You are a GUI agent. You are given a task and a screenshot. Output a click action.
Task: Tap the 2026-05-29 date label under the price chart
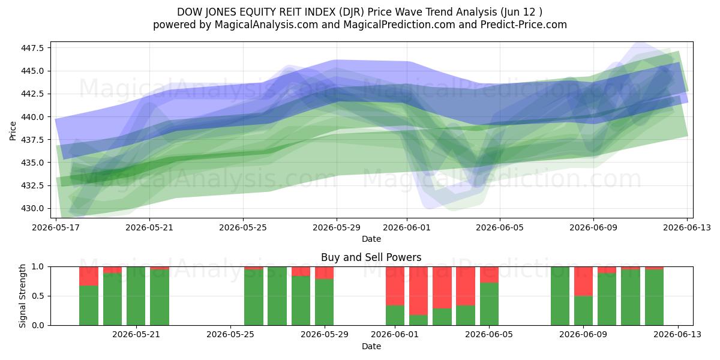337,227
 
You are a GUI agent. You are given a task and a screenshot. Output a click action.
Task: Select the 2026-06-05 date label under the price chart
500,227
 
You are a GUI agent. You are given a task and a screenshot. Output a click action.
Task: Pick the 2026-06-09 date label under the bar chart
583,335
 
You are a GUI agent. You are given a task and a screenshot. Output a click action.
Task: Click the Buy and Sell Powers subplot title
371,257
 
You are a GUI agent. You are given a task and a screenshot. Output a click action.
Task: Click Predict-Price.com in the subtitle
524,25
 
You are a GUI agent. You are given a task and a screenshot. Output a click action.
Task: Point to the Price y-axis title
13,131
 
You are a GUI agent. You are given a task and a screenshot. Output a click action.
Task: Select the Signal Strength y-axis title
22,296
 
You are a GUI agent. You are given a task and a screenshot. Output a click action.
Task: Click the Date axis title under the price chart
371,239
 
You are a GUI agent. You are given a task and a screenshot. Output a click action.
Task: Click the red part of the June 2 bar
419,290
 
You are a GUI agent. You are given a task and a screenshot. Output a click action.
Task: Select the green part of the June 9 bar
583,311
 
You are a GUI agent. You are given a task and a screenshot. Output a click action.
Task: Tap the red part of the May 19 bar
89,276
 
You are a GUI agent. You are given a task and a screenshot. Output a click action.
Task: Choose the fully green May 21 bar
136,296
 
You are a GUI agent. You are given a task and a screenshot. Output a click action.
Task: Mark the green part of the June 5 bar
489,304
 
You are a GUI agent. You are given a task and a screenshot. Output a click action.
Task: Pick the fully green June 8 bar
560,296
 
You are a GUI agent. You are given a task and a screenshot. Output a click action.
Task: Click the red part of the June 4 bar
466,286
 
